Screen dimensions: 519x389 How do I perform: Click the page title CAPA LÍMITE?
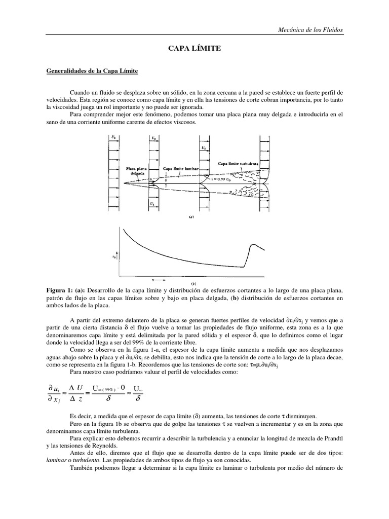pos(194,48)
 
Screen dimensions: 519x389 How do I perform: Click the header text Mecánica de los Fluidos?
pos(311,30)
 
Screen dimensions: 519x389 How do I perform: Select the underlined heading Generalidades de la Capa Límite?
pos(92,71)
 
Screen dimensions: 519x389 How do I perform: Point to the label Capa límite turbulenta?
pos(238,163)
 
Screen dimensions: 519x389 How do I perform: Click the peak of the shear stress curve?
pos(252,245)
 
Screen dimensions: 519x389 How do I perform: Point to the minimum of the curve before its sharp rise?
pos(243,267)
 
